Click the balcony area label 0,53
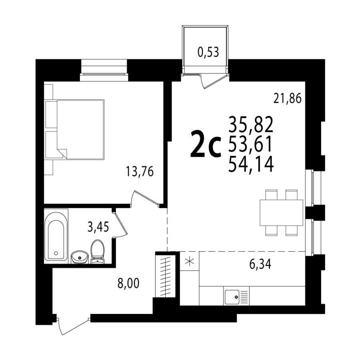208,52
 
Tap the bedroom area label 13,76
140,171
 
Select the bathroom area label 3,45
98,227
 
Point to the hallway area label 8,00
128,283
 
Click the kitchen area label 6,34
260,264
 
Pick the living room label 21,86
287,99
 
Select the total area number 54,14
251,164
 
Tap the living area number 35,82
251,125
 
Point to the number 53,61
250,145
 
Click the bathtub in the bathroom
56,236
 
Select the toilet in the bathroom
98,251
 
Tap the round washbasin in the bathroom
80,257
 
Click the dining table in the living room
281,213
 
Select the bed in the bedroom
75,130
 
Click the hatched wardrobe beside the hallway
165,276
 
